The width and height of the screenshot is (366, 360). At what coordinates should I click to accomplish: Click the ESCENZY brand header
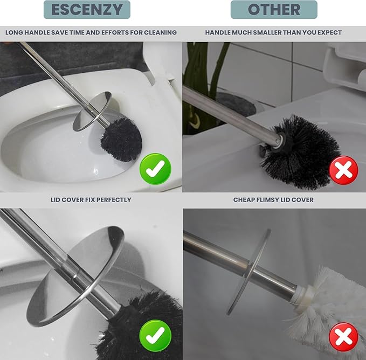coord(87,10)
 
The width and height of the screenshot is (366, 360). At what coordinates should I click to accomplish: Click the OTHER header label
coord(274,10)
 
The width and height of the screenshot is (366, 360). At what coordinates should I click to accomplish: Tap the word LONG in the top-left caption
coord(15,33)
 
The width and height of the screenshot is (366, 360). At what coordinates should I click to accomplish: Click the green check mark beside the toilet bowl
coord(155,169)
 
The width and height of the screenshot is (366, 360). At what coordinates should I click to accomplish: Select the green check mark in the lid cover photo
coord(155,335)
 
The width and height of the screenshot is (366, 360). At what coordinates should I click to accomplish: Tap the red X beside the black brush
coord(343,171)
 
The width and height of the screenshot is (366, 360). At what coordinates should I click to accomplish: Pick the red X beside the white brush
coord(343,337)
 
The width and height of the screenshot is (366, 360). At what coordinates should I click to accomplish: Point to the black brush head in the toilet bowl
coord(121,139)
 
